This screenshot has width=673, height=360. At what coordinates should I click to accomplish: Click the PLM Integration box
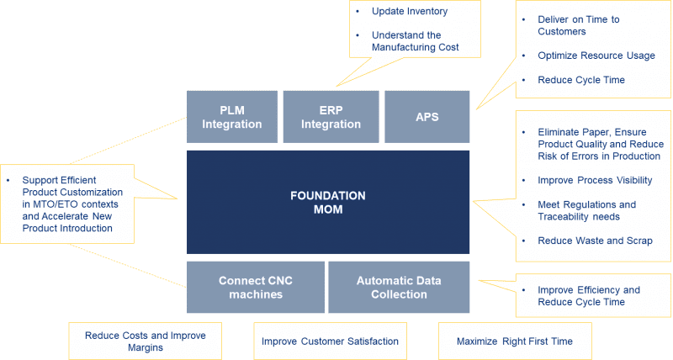[232, 117]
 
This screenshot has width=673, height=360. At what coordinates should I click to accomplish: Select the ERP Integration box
[331, 117]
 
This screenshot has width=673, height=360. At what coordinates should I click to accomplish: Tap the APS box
[427, 117]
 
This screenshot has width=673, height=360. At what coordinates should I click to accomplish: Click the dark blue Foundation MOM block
[328, 202]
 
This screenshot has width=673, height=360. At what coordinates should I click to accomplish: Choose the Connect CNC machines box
[256, 287]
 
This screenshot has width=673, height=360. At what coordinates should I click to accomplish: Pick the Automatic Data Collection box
[399, 287]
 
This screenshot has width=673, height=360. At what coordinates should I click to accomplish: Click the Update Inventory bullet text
[410, 11]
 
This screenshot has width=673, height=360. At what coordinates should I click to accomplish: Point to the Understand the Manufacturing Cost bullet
[415, 41]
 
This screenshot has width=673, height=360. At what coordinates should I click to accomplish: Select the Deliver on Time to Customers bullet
[579, 25]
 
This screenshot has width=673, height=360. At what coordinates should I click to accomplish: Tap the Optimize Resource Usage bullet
[596, 56]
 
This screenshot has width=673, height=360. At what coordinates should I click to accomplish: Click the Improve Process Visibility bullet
[595, 180]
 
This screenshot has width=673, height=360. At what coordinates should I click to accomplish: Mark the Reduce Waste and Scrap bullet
[595, 241]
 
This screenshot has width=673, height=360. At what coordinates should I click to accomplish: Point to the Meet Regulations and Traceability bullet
[586, 210]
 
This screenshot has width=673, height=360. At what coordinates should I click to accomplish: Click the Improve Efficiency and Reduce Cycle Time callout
[593, 295]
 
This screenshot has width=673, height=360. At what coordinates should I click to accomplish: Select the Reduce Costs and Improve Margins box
[145, 341]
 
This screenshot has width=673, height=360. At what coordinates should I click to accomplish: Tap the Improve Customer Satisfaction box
[330, 341]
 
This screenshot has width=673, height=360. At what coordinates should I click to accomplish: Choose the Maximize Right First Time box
[515, 341]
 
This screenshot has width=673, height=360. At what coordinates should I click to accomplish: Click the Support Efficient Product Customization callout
[67, 204]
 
